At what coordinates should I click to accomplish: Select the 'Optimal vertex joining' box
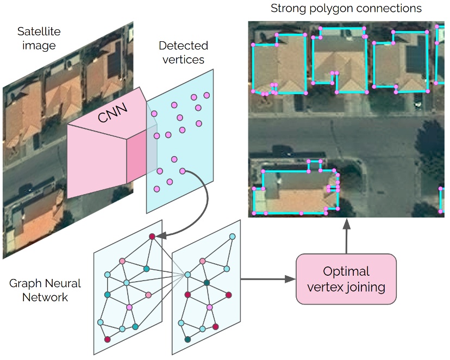click(346, 278)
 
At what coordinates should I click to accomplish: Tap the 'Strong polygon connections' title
click(346, 9)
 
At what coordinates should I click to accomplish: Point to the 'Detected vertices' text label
click(183, 52)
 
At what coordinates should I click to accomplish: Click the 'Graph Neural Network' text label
click(45, 290)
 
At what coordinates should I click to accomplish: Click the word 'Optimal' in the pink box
click(346, 271)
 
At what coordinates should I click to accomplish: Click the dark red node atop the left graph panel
click(152, 237)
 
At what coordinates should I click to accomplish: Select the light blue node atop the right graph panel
click(232, 237)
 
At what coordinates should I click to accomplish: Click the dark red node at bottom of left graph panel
click(108, 339)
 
